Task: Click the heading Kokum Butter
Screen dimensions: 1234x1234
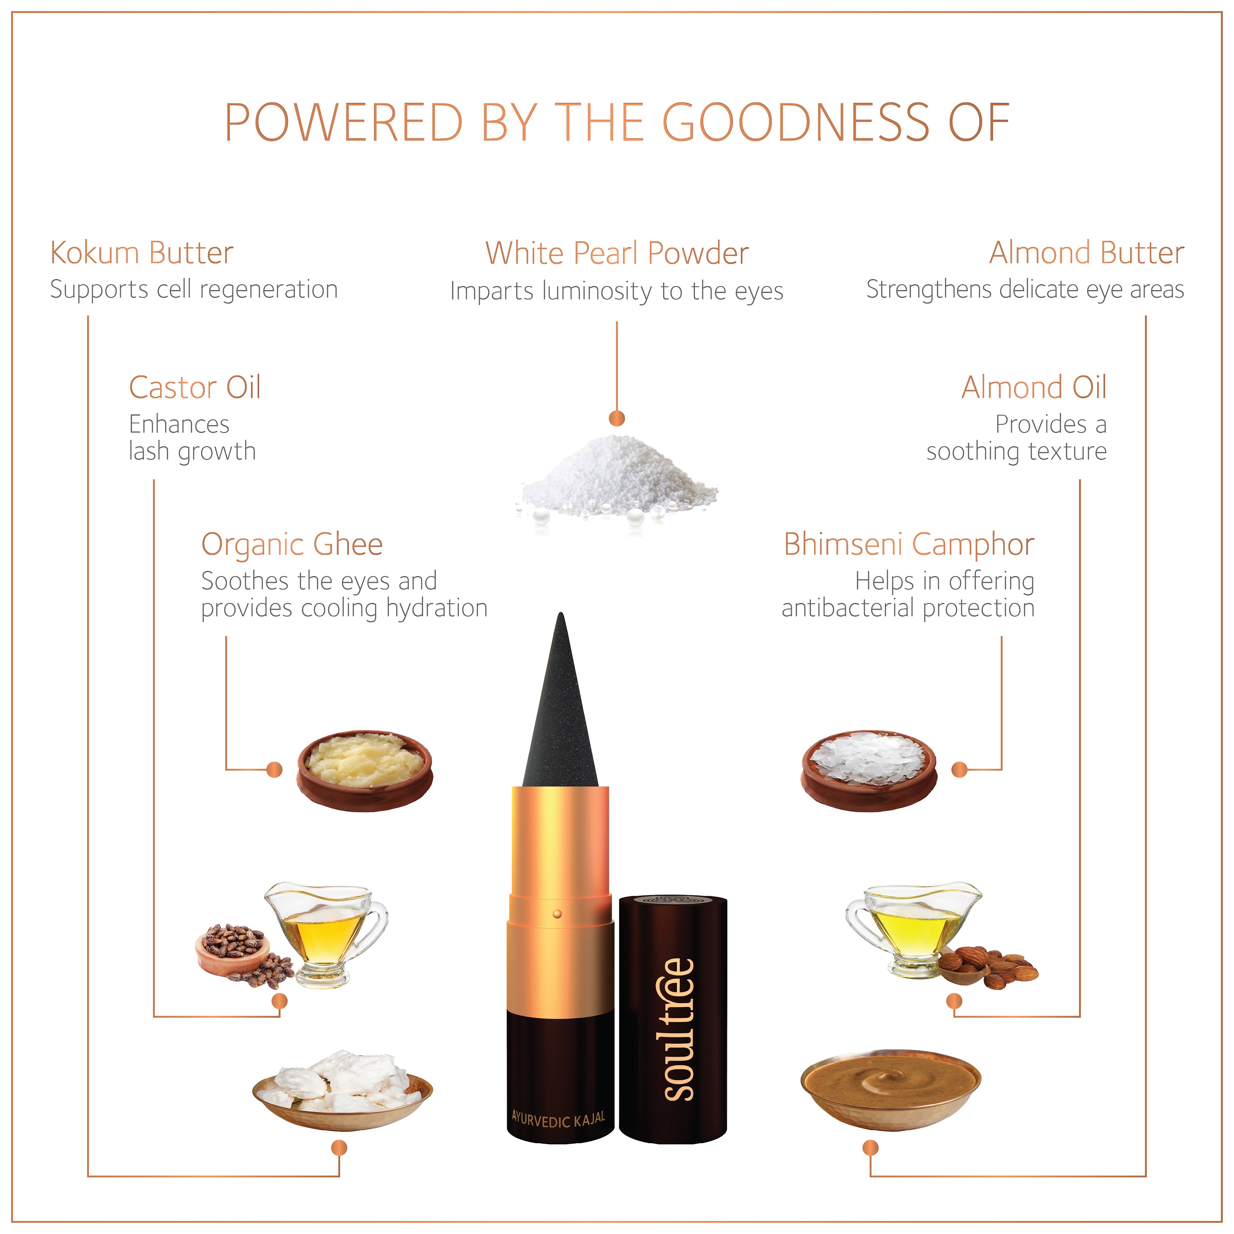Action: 142,253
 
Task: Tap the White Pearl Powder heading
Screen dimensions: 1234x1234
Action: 617,253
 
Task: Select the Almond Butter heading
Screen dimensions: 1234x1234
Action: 1086,253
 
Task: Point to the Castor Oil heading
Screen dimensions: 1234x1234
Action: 195,388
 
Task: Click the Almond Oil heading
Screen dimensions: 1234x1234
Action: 1034,388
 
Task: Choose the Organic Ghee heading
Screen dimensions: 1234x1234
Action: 292,545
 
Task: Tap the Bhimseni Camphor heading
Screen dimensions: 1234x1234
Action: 909,545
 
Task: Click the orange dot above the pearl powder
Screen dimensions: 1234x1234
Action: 617,418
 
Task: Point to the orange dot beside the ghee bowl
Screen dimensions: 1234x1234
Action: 274,770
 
